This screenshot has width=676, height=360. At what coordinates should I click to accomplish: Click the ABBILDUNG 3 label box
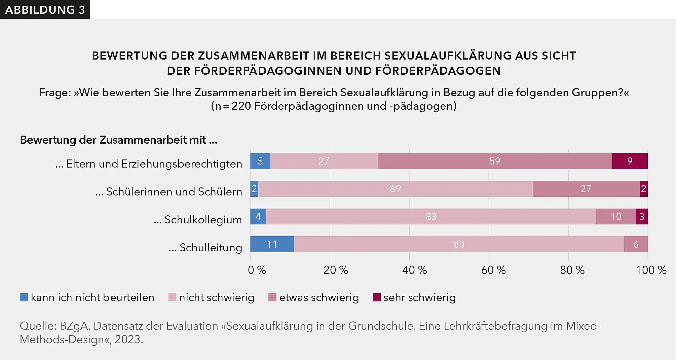pos(45,9)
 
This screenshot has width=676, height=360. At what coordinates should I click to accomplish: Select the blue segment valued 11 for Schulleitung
pos(272,244)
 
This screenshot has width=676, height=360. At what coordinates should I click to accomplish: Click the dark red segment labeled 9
pos(630,161)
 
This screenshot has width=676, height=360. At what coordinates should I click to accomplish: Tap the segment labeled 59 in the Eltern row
pos(494,161)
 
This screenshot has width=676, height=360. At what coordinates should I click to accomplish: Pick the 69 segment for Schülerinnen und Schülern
pos(395,189)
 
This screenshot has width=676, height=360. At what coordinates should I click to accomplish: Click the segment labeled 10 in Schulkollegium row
pos(616,217)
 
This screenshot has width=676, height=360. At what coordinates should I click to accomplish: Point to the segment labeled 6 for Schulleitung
pos(636,244)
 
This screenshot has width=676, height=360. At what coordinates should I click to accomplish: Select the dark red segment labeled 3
pos(642,217)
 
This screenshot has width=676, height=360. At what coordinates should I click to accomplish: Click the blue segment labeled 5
pos(260,161)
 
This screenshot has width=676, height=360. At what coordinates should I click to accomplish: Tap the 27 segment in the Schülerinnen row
pos(586,189)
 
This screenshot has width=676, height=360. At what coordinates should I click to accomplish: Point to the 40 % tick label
pos(414,270)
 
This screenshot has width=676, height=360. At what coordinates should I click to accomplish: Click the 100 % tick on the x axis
pos(651,270)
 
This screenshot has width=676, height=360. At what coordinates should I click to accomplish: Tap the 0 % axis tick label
pos(257,270)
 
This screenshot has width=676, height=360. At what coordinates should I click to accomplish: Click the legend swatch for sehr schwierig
pos(377,297)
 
